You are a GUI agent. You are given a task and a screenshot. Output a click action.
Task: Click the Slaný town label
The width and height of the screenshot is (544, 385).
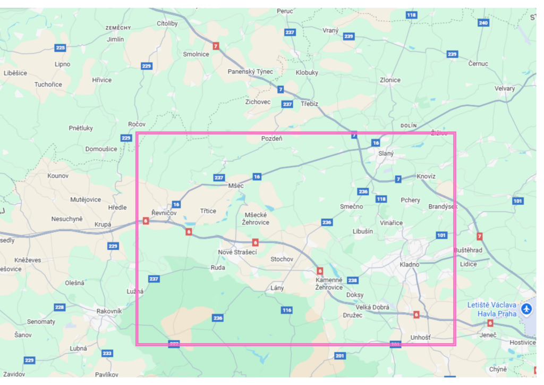tap(386, 153)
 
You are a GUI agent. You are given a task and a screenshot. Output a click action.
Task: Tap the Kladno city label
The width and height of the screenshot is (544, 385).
tap(409, 264)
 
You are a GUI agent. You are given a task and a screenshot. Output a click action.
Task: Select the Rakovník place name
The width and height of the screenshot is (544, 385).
tap(109, 311)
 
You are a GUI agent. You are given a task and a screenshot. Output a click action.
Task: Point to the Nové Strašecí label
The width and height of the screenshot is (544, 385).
tap(237, 252)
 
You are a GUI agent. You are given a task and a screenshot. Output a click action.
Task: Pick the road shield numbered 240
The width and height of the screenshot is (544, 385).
tap(483, 23)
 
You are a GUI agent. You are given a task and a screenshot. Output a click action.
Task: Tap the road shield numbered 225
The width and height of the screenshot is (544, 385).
tap(60, 48)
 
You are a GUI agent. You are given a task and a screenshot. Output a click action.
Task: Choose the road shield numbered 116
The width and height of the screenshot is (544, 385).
tap(287, 310)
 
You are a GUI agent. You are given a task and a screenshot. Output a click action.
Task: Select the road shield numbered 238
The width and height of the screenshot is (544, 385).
tap(352, 280)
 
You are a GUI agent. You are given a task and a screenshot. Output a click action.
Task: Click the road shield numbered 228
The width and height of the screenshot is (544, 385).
tap(59, 307)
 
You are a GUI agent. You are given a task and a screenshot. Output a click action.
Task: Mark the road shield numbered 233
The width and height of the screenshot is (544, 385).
tap(107, 353)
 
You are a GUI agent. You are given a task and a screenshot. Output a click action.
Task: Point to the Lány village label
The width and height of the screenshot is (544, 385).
tap(277, 288)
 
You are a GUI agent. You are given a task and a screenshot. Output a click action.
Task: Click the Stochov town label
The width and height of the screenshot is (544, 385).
tap(282, 259)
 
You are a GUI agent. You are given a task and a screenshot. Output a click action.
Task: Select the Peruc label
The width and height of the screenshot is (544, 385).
tap(285, 11)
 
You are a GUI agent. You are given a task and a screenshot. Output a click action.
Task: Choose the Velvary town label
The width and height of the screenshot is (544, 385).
tap(505, 88)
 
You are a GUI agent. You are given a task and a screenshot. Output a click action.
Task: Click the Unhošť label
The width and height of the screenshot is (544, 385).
tap(421, 337)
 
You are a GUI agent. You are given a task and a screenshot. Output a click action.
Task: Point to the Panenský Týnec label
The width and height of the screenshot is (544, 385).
tap(250, 71)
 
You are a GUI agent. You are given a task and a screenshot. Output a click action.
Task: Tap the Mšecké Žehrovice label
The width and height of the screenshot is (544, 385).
tap(256, 219)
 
